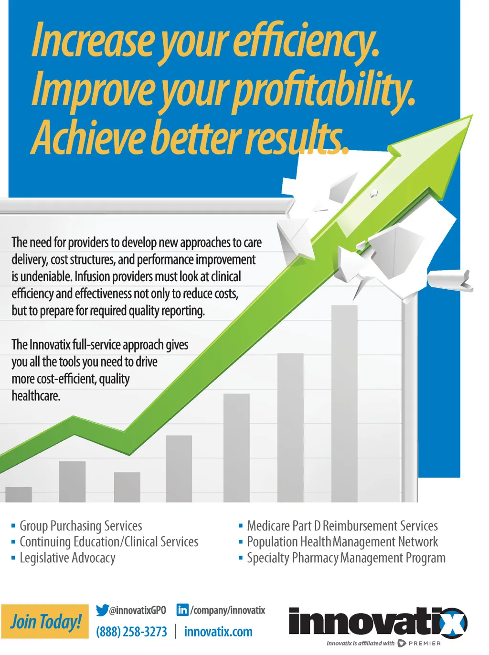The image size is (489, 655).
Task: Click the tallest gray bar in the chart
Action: coord(344,403)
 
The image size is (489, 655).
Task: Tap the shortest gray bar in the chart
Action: coord(19,494)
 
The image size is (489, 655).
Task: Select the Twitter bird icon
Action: coord(102,610)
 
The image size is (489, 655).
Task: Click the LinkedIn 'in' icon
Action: coord(182,610)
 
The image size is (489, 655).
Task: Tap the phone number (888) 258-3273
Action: coord(131,632)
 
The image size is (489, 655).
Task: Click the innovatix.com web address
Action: coord(218,632)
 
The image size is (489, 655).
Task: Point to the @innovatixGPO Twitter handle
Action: coord(138,610)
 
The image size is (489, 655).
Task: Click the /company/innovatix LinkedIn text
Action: coord(227,610)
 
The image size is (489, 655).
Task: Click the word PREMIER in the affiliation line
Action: coord(425,643)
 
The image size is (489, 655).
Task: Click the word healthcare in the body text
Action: coord(36,396)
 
